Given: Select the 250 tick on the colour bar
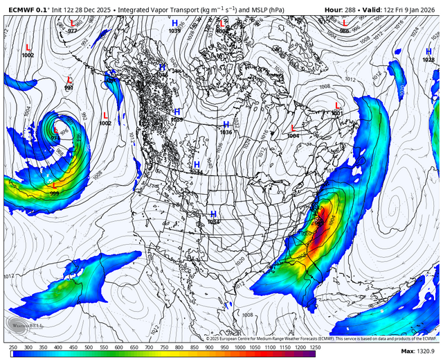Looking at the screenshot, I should [x=13, y=347].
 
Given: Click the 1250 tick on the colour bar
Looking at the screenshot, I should [x=314, y=347].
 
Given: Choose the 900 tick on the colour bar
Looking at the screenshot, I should [x=209, y=347].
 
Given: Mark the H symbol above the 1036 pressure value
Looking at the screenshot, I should [x=226, y=125].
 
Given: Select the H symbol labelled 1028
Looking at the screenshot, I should [x=428, y=52].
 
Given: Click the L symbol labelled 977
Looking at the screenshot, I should [x=72, y=23].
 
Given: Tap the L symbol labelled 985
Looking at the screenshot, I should [x=345, y=23].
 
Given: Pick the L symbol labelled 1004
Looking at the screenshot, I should [x=293, y=128].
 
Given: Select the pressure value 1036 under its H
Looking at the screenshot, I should [x=226, y=132].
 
